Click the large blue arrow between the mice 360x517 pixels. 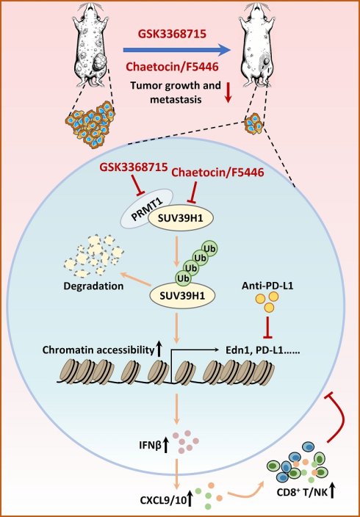pyautogui.click(x=176, y=50)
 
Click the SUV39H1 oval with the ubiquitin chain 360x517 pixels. pyautogui.click(x=182, y=294)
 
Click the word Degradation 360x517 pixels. pyautogui.click(x=93, y=286)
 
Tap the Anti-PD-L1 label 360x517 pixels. pyautogui.click(x=267, y=285)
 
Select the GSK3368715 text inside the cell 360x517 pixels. pyautogui.click(x=133, y=167)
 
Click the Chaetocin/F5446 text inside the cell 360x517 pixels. pyautogui.click(x=218, y=172)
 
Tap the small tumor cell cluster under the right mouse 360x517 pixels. pyautogui.click(x=253, y=124)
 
